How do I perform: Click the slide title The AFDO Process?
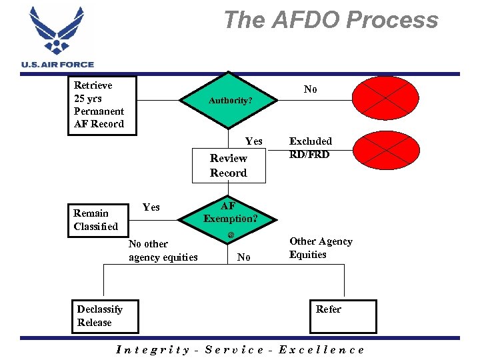[331, 20]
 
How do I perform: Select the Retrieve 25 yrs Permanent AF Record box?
[104, 105]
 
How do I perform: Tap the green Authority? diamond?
[230, 100]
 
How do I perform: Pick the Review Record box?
[228, 165]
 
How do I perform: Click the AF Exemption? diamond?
[230, 212]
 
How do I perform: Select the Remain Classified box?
[95, 220]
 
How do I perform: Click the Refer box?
[343, 316]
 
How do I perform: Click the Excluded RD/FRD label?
[310, 148]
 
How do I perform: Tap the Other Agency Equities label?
[321, 248]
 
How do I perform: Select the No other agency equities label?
[163, 251]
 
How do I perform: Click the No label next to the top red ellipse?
[310, 89]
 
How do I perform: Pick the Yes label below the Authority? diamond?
[253, 141]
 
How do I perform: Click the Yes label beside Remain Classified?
[151, 207]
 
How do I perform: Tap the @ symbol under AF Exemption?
[231, 235]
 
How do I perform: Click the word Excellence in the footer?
[322, 349]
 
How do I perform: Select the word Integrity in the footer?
[152, 349]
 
